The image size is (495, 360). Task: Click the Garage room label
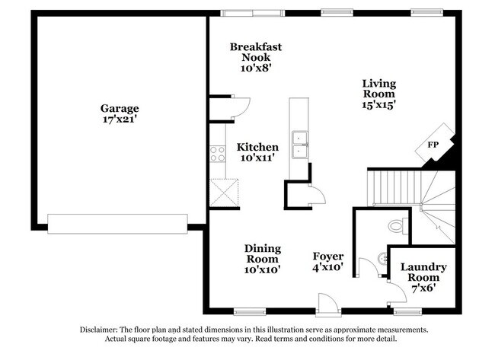(120, 108)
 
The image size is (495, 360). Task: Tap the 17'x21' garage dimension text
(120, 119)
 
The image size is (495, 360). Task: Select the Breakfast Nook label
(256, 52)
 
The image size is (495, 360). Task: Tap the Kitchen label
(257, 147)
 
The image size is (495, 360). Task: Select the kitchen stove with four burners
(219, 153)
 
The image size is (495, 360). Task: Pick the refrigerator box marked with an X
(225, 190)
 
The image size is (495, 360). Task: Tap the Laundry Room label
(423, 272)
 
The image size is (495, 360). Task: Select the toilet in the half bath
(397, 225)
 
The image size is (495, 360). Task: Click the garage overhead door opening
(117, 222)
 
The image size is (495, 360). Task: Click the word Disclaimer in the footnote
(101, 330)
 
